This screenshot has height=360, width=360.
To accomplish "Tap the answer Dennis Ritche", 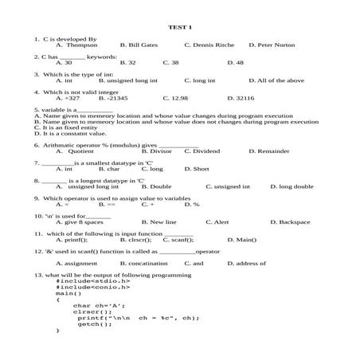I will (x=209, y=45).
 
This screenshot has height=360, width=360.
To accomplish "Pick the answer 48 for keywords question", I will (x=235, y=62).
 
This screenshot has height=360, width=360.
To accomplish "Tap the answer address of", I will (x=247, y=262).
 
